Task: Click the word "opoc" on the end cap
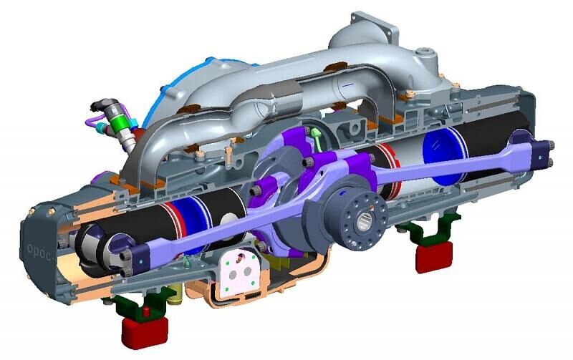[x=39, y=250]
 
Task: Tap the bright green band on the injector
[x=120, y=123]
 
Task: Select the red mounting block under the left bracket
[x=145, y=331]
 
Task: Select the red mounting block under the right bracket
[x=434, y=256]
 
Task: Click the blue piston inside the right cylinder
[x=444, y=156]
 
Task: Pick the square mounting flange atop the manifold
[x=373, y=27]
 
